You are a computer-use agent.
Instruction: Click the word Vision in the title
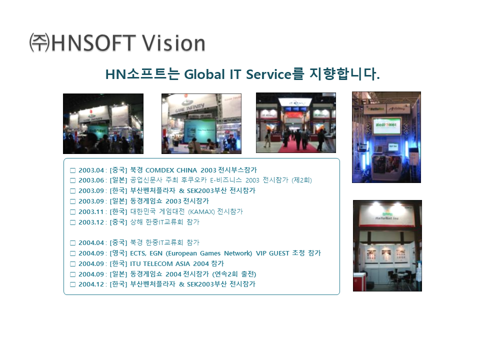173,43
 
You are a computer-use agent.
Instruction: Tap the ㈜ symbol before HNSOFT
39,42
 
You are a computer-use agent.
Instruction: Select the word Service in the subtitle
268,74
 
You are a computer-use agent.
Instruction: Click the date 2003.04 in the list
91,170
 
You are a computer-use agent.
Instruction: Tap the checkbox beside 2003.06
73,180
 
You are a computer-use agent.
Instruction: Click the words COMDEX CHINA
171,170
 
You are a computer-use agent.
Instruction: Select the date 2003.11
91,212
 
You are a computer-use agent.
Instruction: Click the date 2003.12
91,222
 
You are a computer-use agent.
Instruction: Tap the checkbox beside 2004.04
73,243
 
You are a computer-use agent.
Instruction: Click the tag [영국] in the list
118,253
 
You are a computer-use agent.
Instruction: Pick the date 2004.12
91,284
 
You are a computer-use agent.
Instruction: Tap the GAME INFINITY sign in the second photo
190,107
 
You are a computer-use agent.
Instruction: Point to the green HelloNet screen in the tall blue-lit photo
386,126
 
